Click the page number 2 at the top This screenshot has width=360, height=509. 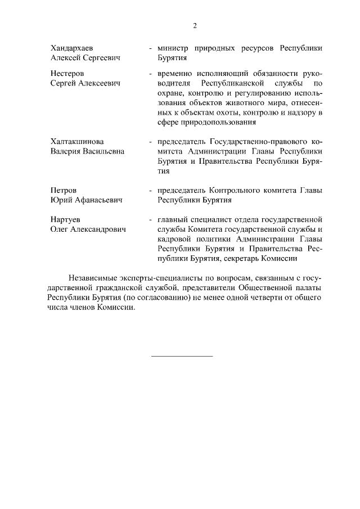[195, 25]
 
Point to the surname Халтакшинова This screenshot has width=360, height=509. [77, 142]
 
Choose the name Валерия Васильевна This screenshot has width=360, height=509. [87, 151]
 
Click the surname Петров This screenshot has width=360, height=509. [64, 190]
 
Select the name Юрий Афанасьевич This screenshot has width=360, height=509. [86, 200]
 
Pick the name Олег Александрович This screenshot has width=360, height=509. [88, 229]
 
